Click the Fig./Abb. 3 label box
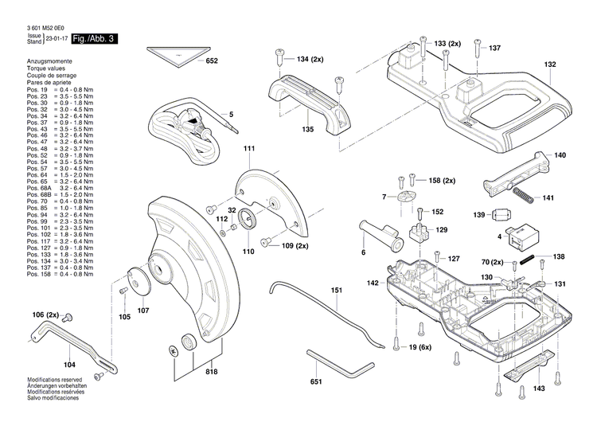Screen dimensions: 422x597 point(95,38)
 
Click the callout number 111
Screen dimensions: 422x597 point(249,150)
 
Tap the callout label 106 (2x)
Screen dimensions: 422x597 point(46,316)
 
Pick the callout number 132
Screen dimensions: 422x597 point(550,64)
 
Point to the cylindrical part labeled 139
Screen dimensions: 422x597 point(501,216)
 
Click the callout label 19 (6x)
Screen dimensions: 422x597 point(419,347)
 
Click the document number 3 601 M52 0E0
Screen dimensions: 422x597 point(38,28)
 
